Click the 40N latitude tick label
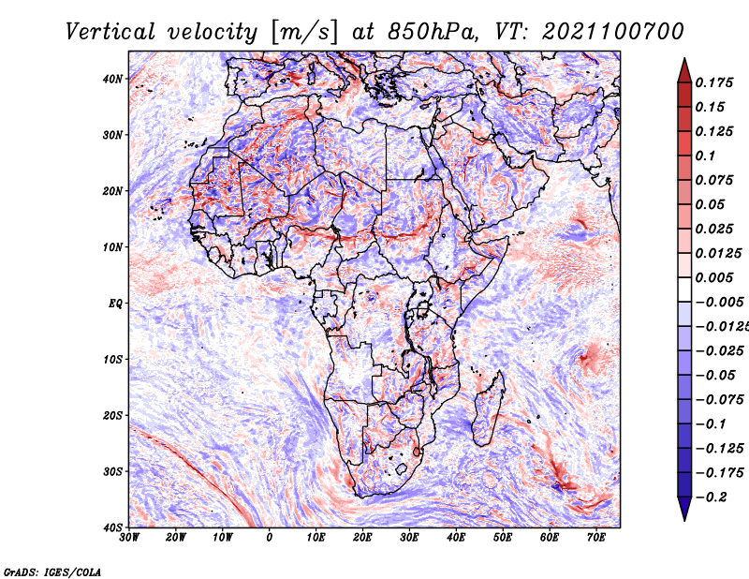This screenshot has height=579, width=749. [x=112, y=79]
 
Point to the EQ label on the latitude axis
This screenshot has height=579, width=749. [x=115, y=304]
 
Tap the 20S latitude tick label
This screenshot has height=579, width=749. [x=112, y=415]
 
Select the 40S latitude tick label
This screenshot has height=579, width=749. [x=112, y=527]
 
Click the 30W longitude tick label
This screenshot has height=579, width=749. [x=129, y=538]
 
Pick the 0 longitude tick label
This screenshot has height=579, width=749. [x=270, y=538]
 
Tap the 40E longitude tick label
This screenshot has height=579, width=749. [x=456, y=538]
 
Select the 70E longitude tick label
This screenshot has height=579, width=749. [x=596, y=538]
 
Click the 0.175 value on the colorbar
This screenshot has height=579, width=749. [x=714, y=82]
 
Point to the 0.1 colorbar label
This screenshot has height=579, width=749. [x=706, y=156]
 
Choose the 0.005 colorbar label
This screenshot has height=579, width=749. [x=714, y=277]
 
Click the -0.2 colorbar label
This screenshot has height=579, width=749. [x=712, y=497]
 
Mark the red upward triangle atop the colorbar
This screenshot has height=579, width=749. [x=684, y=70]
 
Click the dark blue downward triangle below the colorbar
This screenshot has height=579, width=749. [x=684, y=509]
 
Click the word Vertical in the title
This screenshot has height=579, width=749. [x=110, y=32]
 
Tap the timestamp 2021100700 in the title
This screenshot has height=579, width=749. [x=613, y=32]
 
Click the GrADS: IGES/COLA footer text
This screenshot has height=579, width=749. [x=52, y=572]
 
